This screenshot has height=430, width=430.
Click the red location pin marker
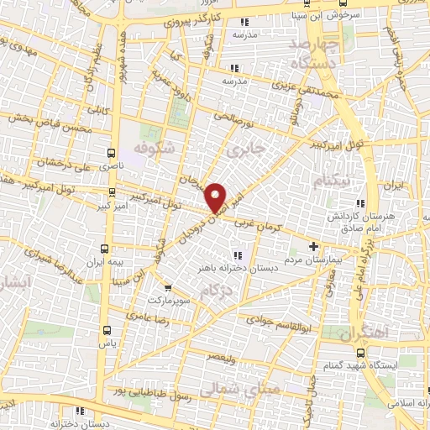pos(217,197)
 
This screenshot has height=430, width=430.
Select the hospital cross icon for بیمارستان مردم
pos(314,247)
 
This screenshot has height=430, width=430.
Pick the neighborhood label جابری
pos(246,149)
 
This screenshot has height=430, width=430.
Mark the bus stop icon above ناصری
pos(112,153)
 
